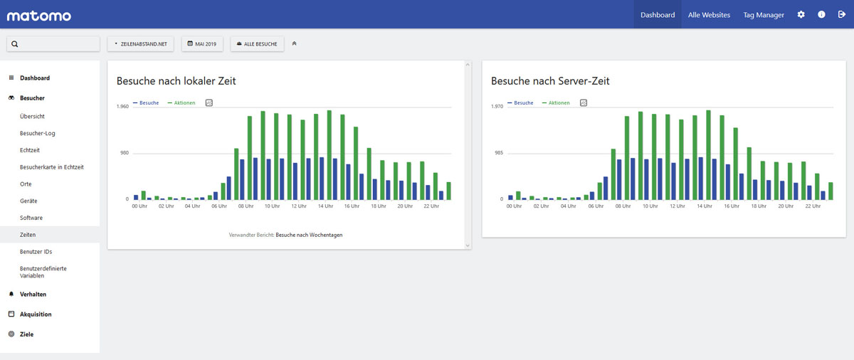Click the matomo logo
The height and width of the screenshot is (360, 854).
[39, 16]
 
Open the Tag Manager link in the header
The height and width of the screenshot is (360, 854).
[763, 15]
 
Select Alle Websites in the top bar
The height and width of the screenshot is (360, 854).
[709, 15]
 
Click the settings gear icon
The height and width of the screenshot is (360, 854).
[801, 14]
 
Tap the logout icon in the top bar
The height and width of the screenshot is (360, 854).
[841, 14]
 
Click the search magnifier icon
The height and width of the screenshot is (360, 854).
[15, 44]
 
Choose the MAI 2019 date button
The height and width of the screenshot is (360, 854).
[202, 44]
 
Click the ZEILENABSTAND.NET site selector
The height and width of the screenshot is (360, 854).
[141, 44]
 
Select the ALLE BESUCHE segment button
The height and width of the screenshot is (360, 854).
[257, 44]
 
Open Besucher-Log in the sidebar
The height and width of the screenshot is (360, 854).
[37, 133]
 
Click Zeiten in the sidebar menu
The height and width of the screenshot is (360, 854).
[28, 235]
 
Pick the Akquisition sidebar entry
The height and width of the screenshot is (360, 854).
[36, 314]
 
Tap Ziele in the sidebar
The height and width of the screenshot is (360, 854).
[27, 334]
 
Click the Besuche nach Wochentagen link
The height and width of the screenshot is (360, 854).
[309, 235]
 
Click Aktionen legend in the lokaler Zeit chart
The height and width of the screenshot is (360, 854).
[184, 103]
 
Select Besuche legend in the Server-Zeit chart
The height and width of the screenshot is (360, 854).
[524, 103]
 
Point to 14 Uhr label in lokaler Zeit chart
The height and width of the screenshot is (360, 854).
[325, 206]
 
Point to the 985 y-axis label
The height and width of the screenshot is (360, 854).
[499, 153]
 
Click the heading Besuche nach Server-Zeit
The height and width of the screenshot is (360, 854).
[550, 81]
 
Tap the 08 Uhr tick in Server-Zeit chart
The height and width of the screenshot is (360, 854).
[623, 206]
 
